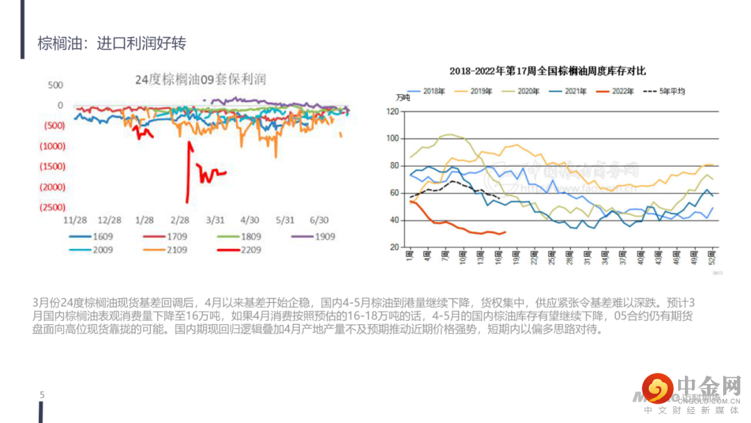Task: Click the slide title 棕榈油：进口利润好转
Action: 112,44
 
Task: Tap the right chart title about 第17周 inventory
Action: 547,71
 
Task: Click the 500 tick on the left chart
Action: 55,85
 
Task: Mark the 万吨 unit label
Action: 403,97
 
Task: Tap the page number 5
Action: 42,395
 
